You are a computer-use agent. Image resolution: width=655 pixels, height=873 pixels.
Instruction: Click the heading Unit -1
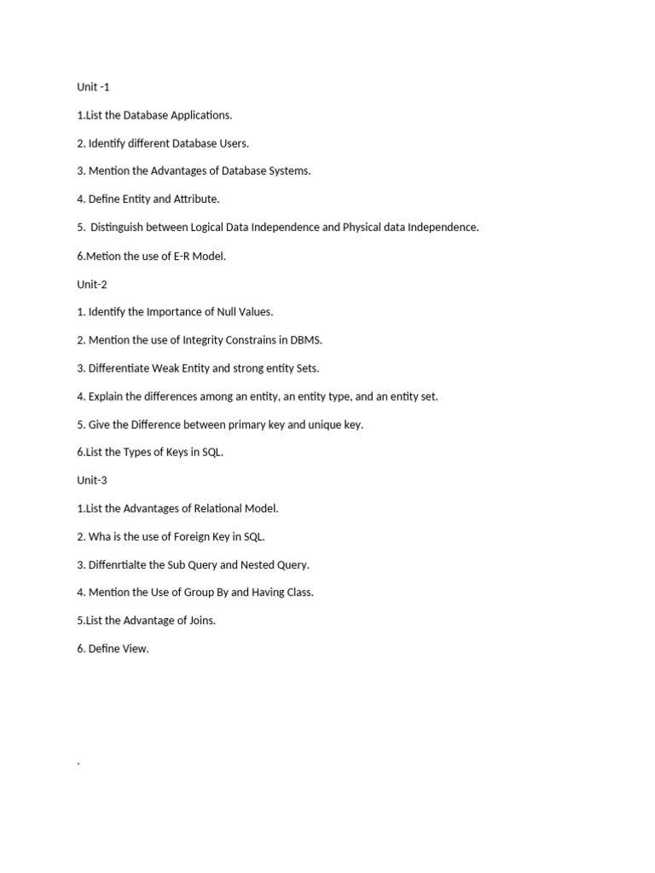[x=93, y=87]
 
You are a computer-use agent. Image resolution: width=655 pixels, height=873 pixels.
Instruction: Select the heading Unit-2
[x=92, y=284]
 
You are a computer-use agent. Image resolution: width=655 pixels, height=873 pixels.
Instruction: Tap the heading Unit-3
[x=92, y=480]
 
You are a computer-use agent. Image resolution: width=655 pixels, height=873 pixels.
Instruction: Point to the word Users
[x=234, y=143]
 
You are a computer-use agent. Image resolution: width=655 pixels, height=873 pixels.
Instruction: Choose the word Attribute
[x=191, y=199]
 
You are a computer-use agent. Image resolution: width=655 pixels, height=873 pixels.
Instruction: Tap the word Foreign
[x=194, y=536]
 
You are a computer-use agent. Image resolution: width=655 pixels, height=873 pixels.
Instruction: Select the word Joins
[x=201, y=621]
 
